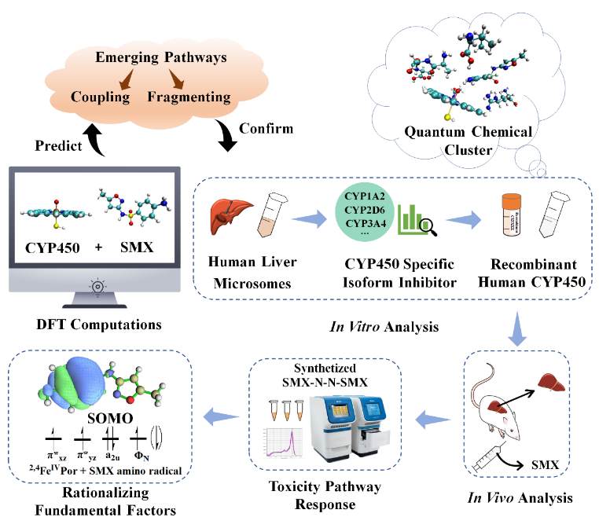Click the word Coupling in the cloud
coord(100,97)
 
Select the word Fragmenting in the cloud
coord(189,97)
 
